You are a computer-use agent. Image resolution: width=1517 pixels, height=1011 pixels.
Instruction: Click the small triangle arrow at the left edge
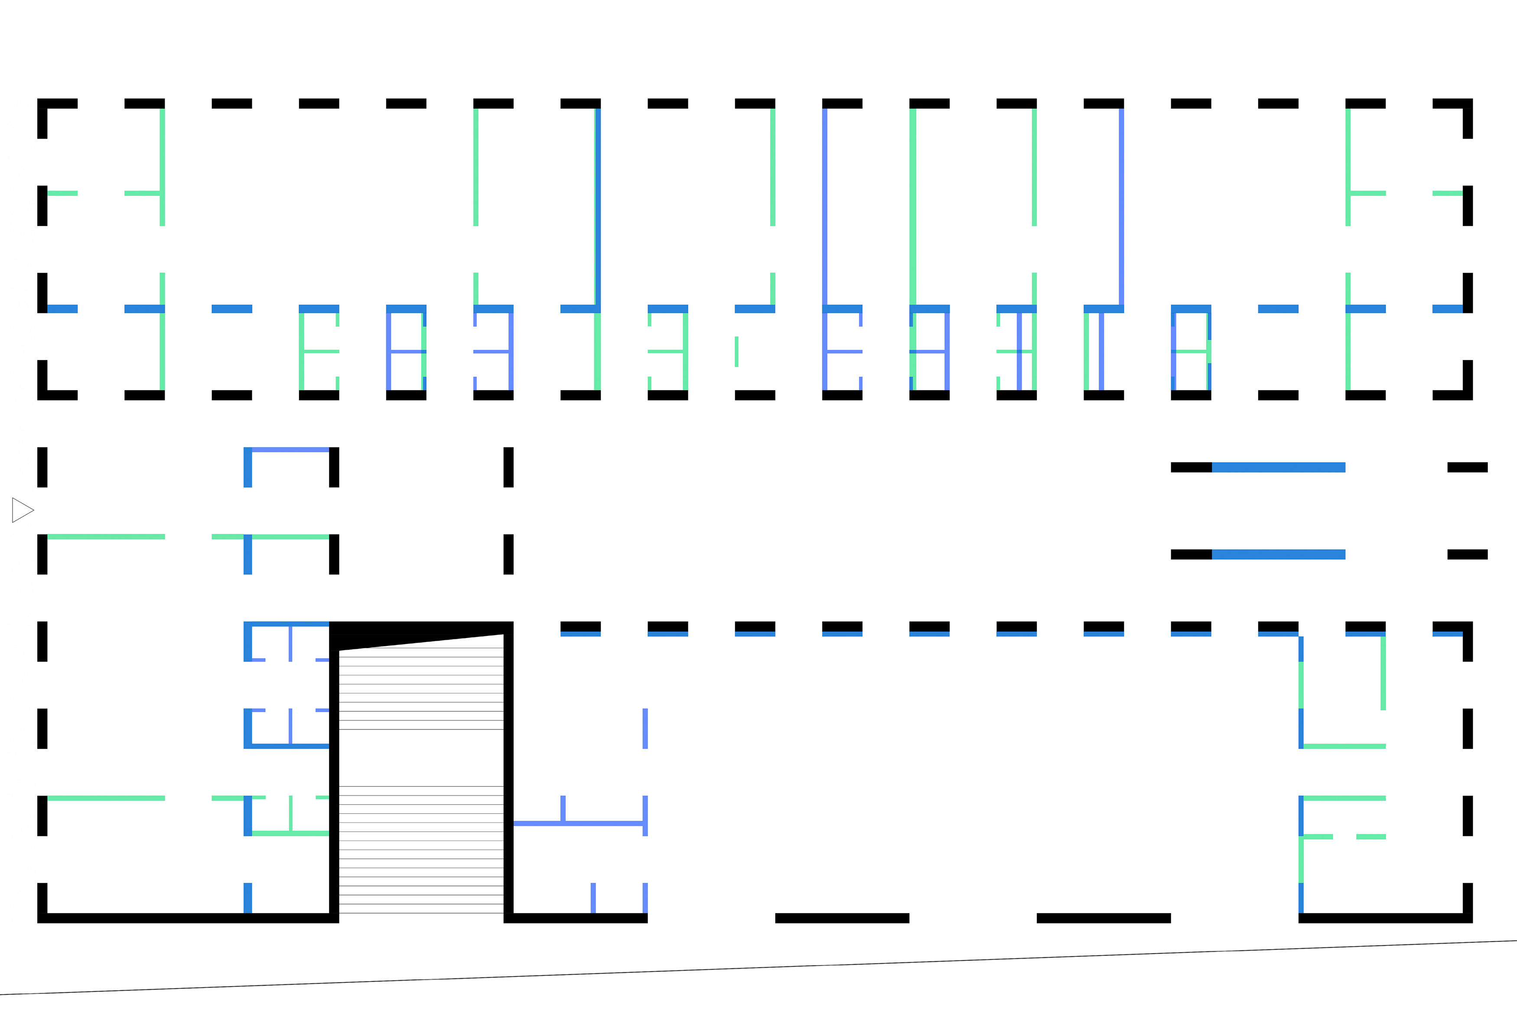click(x=21, y=510)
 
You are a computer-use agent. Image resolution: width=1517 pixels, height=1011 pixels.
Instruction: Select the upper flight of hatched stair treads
click(x=420, y=690)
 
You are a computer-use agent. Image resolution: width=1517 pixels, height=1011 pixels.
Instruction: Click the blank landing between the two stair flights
click(x=420, y=758)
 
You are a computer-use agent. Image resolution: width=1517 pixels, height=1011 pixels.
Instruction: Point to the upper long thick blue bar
click(x=1278, y=467)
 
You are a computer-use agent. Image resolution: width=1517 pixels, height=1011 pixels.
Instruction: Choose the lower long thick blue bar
click(x=1278, y=554)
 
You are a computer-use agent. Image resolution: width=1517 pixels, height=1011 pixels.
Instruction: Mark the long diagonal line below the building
click(x=758, y=967)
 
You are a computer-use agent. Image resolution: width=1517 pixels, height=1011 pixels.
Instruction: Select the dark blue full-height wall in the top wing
click(x=598, y=206)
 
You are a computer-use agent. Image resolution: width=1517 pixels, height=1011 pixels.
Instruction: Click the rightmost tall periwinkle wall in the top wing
click(x=1121, y=206)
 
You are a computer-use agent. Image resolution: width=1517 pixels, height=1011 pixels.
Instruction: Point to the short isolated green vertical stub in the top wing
click(x=736, y=351)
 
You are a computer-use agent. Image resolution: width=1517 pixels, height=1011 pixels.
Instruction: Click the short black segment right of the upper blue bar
click(x=1467, y=467)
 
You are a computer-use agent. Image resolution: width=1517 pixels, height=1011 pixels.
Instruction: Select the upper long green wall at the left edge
click(x=107, y=536)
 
